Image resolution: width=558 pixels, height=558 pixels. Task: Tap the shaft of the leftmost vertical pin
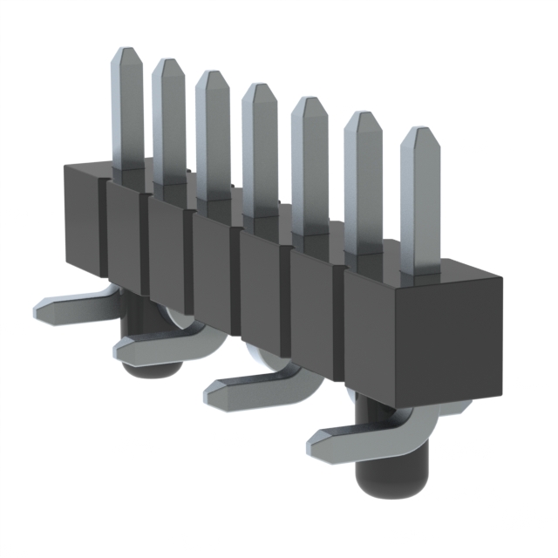pos(128,113)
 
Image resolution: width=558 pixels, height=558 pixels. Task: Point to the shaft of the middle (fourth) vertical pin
pos(260,157)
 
